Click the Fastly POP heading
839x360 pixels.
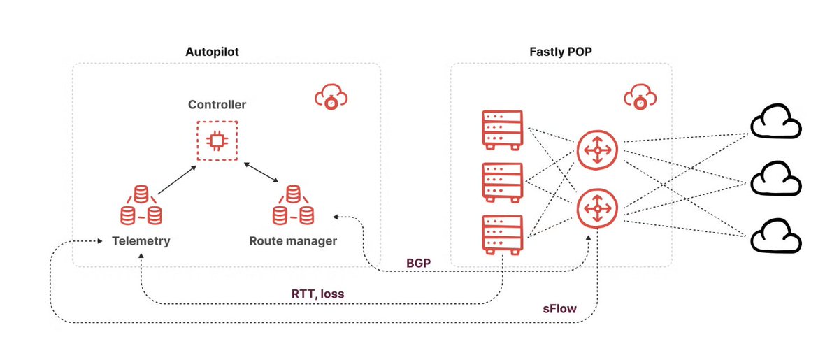point(561,52)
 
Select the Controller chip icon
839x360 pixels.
point(217,141)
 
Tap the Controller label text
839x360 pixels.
point(217,106)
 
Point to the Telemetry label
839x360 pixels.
point(141,241)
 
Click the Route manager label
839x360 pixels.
point(293,241)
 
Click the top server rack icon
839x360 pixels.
point(502,130)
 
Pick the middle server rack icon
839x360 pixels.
point(502,182)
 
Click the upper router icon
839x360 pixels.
point(597,150)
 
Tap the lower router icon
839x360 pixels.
point(597,209)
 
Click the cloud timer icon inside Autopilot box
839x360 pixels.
point(332,95)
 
